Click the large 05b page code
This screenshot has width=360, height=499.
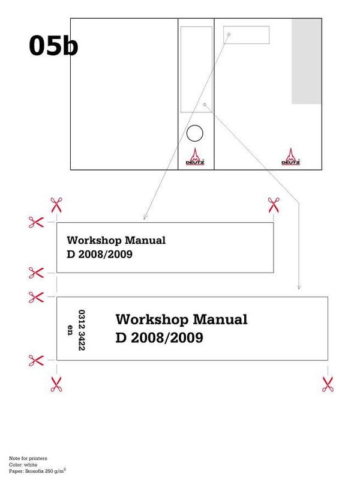click(x=53, y=46)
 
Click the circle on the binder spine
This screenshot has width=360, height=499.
click(x=194, y=133)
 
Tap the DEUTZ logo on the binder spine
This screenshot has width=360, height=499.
click(x=195, y=156)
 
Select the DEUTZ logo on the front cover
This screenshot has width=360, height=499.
click(x=290, y=156)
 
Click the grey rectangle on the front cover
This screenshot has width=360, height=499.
click(x=307, y=61)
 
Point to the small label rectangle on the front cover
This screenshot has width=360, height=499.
click(x=246, y=35)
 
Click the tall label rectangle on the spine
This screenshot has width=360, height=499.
click(x=196, y=70)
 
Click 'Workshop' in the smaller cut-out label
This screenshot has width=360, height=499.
click(x=94, y=241)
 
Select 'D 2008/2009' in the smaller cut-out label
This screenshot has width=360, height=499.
click(x=100, y=254)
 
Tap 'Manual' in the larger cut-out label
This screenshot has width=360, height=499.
click(x=220, y=319)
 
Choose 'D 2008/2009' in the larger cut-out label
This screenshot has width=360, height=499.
click(x=160, y=337)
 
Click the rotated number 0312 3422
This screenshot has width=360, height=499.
click(x=82, y=330)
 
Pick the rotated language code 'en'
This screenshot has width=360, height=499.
click(x=70, y=330)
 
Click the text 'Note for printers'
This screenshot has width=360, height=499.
click(x=28, y=458)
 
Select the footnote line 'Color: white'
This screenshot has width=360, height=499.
click(x=23, y=465)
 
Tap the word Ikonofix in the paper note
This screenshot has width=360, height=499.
click(x=34, y=471)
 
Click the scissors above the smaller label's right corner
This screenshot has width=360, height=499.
click(x=274, y=205)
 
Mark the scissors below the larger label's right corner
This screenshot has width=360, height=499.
click(x=328, y=384)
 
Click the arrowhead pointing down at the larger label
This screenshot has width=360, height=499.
click(x=299, y=288)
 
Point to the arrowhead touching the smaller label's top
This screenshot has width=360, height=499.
click(x=145, y=217)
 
